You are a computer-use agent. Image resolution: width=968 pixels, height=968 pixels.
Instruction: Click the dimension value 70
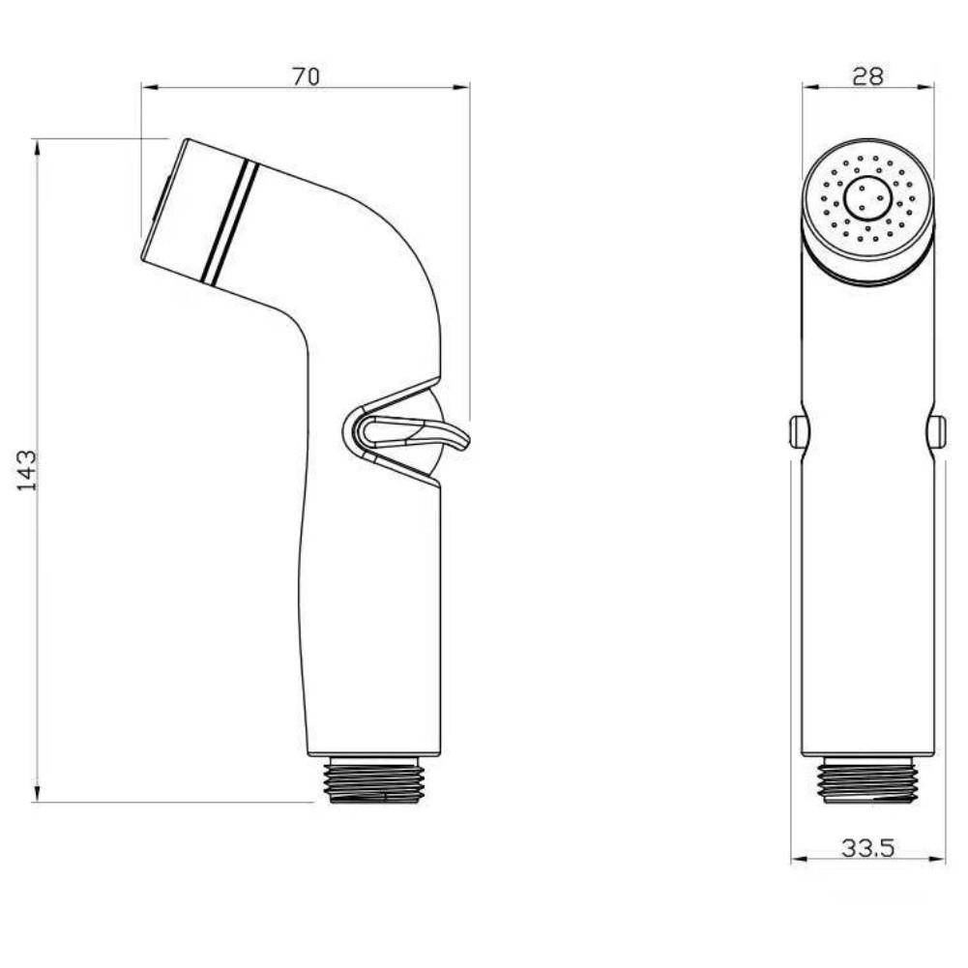306,76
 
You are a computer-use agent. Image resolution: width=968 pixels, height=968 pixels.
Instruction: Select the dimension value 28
867,76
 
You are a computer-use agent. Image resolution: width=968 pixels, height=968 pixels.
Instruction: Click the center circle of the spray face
867,199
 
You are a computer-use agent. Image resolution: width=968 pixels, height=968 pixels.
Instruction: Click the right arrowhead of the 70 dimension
463,87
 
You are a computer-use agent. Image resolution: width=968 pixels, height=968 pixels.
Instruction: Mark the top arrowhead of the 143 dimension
38,146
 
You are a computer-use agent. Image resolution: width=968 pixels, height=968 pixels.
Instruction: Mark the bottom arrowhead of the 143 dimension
38,795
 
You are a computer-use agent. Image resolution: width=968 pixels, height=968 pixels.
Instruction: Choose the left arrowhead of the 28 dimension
808,87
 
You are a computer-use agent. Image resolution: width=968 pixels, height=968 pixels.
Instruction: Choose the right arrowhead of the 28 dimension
927,87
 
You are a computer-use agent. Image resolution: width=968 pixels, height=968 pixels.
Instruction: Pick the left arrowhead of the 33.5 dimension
798,860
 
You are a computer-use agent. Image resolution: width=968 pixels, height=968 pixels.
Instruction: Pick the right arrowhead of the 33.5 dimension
939,860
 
